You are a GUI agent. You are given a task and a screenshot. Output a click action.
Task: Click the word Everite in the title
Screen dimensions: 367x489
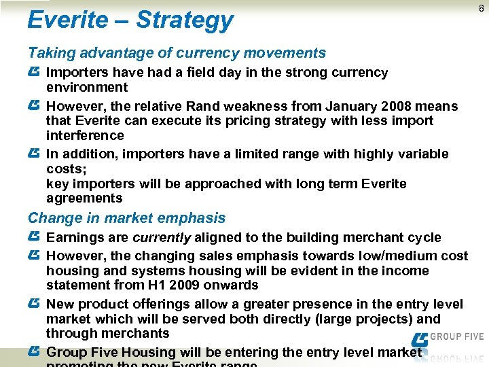tap(67, 20)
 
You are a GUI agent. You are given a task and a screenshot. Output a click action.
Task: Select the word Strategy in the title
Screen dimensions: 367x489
tap(185, 21)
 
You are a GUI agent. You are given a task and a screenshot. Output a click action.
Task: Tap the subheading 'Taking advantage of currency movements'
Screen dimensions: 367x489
tap(177, 53)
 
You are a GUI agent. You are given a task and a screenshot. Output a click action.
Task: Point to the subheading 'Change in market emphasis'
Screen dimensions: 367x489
tap(126, 218)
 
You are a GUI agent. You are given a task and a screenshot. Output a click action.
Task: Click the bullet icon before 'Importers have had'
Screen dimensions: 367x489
tap(34, 72)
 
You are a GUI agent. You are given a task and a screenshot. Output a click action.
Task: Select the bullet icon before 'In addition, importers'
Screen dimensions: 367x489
tap(34, 154)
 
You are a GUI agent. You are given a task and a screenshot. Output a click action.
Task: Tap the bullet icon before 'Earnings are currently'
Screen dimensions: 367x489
tap(34, 237)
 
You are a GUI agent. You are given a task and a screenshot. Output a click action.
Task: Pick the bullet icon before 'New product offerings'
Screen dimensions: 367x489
tap(34, 304)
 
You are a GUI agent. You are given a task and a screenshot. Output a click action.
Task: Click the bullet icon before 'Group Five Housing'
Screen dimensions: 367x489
tap(34, 352)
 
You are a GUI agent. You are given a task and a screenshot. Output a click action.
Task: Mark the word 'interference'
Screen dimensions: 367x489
tap(86, 135)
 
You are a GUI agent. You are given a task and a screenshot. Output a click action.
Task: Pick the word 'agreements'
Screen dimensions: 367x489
tap(84, 198)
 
